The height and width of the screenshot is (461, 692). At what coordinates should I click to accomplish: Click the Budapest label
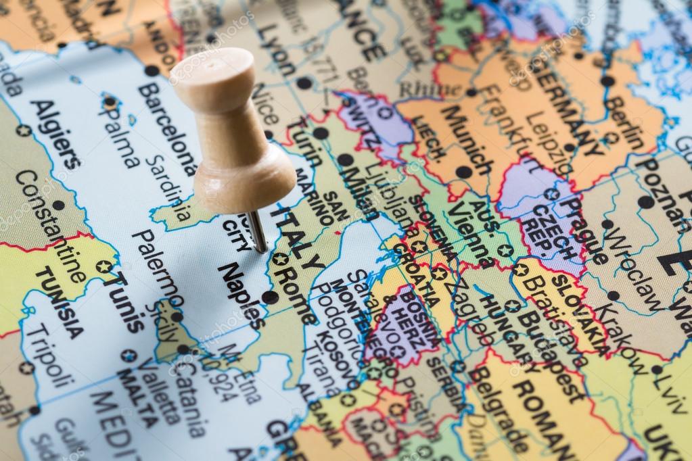click(x=552, y=355)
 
